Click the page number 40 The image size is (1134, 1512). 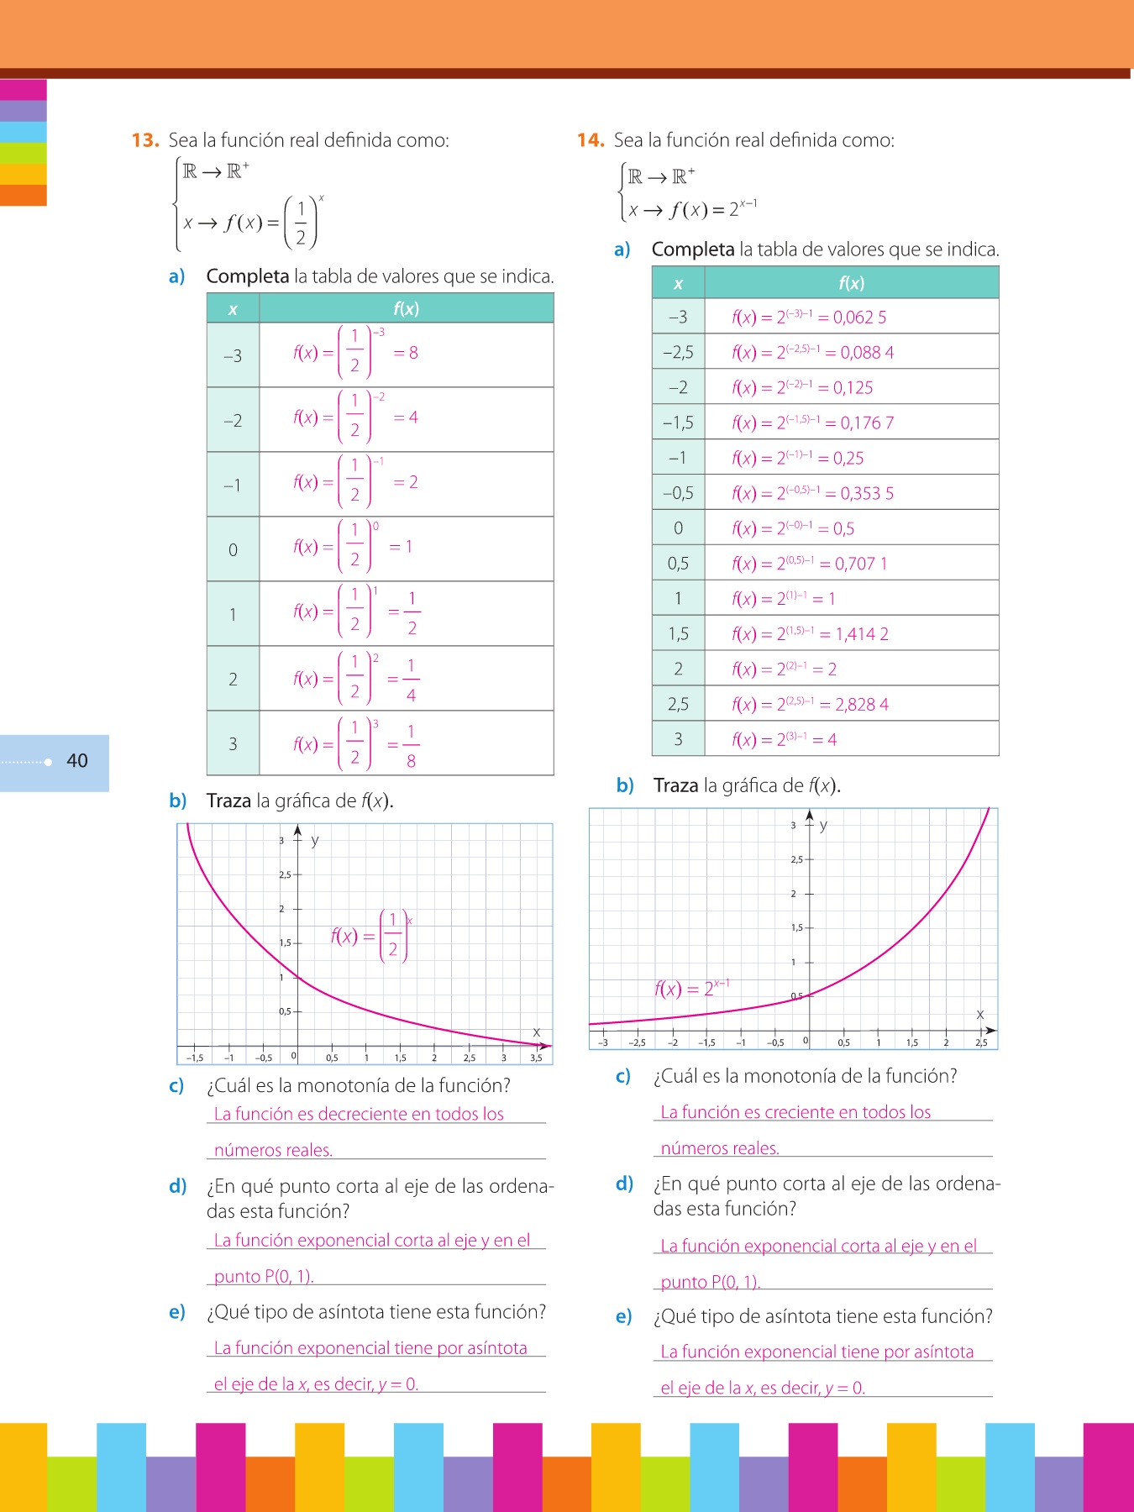click(x=76, y=761)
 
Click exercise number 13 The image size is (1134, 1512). click(x=145, y=140)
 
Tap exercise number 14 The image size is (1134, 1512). click(x=591, y=140)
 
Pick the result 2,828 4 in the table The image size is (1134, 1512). click(x=862, y=705)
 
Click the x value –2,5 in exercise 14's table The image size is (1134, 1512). click(x=678, y=353)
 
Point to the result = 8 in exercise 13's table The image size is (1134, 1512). click(x=407, y=353)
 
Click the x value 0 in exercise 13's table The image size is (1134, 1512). click(x=233, y=550)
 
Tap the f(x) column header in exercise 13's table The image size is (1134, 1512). click(x=406, y=309)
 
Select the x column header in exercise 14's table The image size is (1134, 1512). click(x=678, y=284)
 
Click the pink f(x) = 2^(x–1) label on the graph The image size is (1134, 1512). click(x=691, y=988)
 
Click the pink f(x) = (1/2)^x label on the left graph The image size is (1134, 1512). click(x=370, y=936)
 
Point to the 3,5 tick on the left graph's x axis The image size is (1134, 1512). click(x=536, y=1058)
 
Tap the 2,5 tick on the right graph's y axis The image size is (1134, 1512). click(x=796, y=859)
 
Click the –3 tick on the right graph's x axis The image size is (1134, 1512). click(x=603, y=1042)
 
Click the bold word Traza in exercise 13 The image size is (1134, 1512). click(x=228, y=801)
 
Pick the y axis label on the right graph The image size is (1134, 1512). click(x=823, y=825)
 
